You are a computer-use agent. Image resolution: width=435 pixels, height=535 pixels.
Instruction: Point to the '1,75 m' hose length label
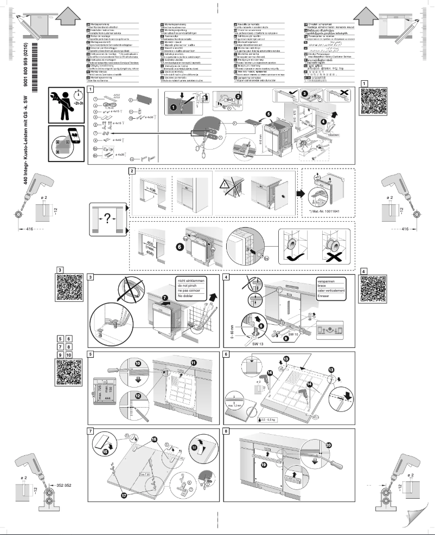[x=108, y=107]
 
